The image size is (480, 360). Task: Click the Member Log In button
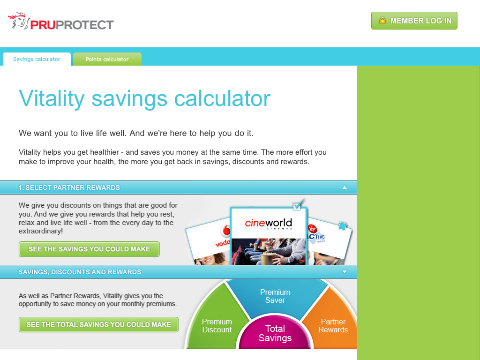click(x=414, y=21)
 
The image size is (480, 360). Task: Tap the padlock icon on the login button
click(x=382, y=21)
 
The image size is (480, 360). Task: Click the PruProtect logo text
click(x=72, y=25)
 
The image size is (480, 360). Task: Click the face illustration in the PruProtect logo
click(x=18, y=21)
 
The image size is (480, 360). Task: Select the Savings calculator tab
click(x=37, y=59)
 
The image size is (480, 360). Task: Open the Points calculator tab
click(x=107, y=59)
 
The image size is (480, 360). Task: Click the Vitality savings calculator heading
click(x=144, y=98)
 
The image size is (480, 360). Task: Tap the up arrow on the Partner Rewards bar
click(x=345, y=187)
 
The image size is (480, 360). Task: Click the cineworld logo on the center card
click(x=269, y=224)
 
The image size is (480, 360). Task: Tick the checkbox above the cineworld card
click(x=297, y=206)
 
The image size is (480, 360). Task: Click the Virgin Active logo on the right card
click(x=316, y=234)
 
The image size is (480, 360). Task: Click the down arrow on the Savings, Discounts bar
click(x=345, y=272)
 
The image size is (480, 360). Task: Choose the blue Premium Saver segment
click(x=276, y=295)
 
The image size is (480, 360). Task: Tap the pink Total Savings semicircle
click(x=275, y=333)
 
